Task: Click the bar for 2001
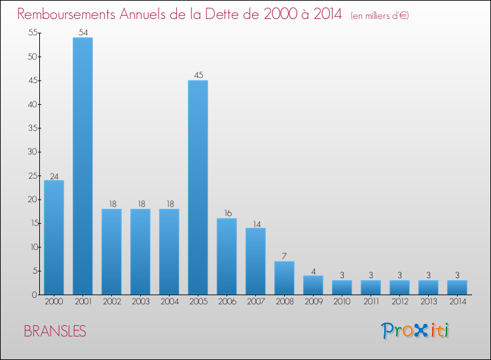click(82, 166)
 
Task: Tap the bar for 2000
click(54, 237)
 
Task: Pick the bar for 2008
click(284, 278)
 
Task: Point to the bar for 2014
click(457, 287)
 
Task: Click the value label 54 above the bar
click(82, 32)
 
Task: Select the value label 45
click(198, 75)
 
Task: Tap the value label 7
click(284, 256)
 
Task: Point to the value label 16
click(227, 213)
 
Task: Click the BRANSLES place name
click(54, 331)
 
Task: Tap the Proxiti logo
click(416, 331)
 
